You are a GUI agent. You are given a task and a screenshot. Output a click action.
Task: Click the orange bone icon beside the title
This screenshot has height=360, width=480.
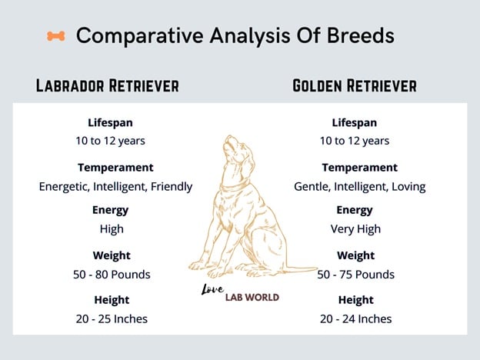56,36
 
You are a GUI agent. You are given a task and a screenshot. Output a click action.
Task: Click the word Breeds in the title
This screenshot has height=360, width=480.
361,35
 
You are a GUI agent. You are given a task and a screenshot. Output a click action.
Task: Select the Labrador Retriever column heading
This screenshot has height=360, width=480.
108,85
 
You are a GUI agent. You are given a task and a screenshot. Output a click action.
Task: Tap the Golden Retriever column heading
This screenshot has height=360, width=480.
355,85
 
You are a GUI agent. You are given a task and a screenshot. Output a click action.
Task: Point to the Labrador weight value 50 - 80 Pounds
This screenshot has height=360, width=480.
112,275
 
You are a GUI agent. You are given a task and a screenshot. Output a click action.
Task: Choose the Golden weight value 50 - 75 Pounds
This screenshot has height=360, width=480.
355,275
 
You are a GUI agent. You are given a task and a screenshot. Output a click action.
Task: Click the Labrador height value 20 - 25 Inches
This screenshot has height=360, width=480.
112,318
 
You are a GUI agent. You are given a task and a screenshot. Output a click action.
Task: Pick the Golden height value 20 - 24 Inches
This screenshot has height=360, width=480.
355,318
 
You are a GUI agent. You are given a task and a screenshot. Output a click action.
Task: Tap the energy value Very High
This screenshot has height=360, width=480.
355,229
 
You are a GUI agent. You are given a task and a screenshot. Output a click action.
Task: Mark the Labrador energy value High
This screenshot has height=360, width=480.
112,228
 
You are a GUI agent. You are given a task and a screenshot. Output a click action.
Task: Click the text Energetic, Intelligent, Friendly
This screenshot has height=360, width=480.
115,186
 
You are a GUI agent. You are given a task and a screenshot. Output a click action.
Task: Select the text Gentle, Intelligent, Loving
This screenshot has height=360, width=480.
360,186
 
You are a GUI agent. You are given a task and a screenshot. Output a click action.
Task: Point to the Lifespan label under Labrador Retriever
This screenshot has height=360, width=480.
110,123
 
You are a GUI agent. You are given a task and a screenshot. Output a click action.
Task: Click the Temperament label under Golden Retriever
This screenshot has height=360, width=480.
360,168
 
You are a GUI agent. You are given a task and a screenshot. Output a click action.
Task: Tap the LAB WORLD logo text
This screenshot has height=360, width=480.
252,297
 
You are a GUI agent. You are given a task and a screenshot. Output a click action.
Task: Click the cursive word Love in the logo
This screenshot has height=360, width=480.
212,289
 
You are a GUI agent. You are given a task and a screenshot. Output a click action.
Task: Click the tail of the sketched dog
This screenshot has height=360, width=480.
302,269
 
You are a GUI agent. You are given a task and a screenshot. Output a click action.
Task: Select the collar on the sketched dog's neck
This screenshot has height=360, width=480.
235,186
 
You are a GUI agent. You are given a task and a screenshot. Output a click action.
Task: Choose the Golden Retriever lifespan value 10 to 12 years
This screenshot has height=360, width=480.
355,141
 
